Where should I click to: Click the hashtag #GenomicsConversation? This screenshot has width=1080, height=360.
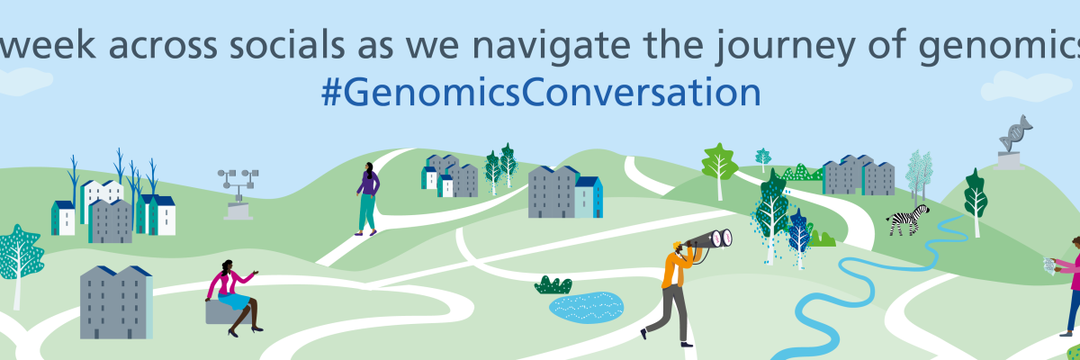(541, 93)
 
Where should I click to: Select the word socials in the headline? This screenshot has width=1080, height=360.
(286, 44)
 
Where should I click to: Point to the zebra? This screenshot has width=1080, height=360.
(908, 220)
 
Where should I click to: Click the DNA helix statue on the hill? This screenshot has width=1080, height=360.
(1014, 143)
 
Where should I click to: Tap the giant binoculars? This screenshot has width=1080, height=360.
(710, 239)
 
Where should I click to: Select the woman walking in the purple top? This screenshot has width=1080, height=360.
(367, 199)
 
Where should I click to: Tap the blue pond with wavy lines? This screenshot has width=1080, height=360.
(586, 307)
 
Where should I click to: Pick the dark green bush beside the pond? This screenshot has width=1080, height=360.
(553, 284)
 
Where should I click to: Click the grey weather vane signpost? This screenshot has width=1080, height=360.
(238, 194)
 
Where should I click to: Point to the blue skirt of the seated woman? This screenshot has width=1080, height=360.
(234, 301)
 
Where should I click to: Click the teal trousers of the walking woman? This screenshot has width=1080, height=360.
(367, 212)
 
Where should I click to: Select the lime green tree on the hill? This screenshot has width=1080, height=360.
(719, 170)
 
